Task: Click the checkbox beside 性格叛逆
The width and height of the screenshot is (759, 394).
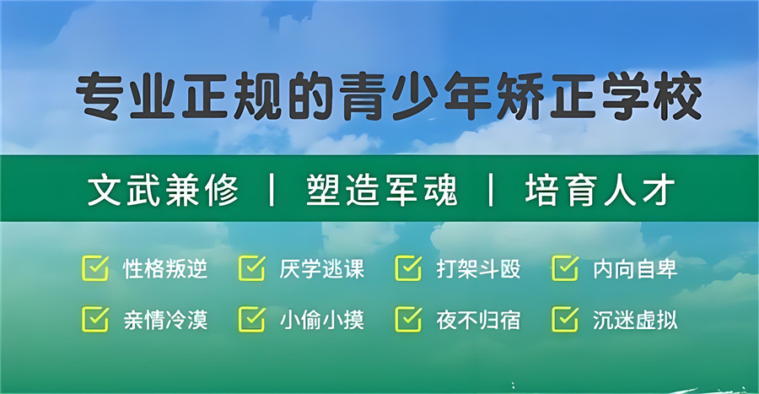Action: coord(95,268)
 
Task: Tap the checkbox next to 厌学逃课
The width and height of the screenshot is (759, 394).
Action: coord(252,268)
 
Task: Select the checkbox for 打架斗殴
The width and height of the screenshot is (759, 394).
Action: coord(408,268)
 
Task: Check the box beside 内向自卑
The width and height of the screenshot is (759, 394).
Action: coord(565,268)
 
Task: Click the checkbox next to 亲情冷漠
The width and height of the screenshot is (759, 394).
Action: coord(95,319)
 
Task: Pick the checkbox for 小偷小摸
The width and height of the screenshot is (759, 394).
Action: coord(252,319)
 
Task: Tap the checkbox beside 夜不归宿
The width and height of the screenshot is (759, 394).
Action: coord(408,319)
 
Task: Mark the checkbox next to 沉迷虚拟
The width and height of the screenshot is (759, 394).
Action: coord(565,319)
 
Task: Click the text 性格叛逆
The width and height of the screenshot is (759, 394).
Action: coord(165,269)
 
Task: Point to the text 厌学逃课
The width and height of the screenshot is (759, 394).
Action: coord(322,269)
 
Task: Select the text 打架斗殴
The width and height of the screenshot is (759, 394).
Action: coord(478,269)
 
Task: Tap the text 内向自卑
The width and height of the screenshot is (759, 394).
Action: coord(635,269)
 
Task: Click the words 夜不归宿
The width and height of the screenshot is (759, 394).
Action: coord(478,320)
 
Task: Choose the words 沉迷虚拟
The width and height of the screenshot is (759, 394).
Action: coord(635,320)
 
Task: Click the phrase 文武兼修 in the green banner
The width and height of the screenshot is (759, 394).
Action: coord(164,191)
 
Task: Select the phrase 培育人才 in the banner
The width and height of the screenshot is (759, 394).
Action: coord(600,191)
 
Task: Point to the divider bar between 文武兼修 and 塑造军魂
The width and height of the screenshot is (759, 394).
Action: coord(272,191)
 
